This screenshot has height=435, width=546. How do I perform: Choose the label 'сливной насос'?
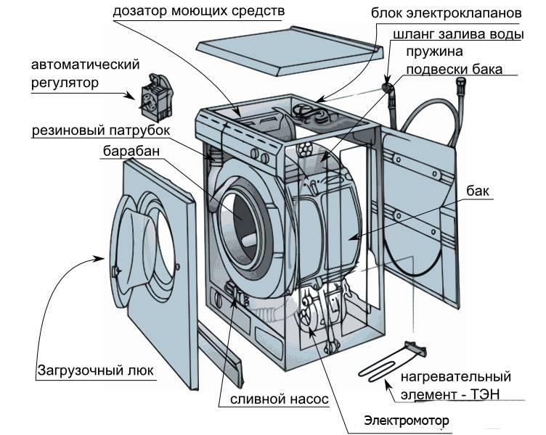click(x=280, y=399)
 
